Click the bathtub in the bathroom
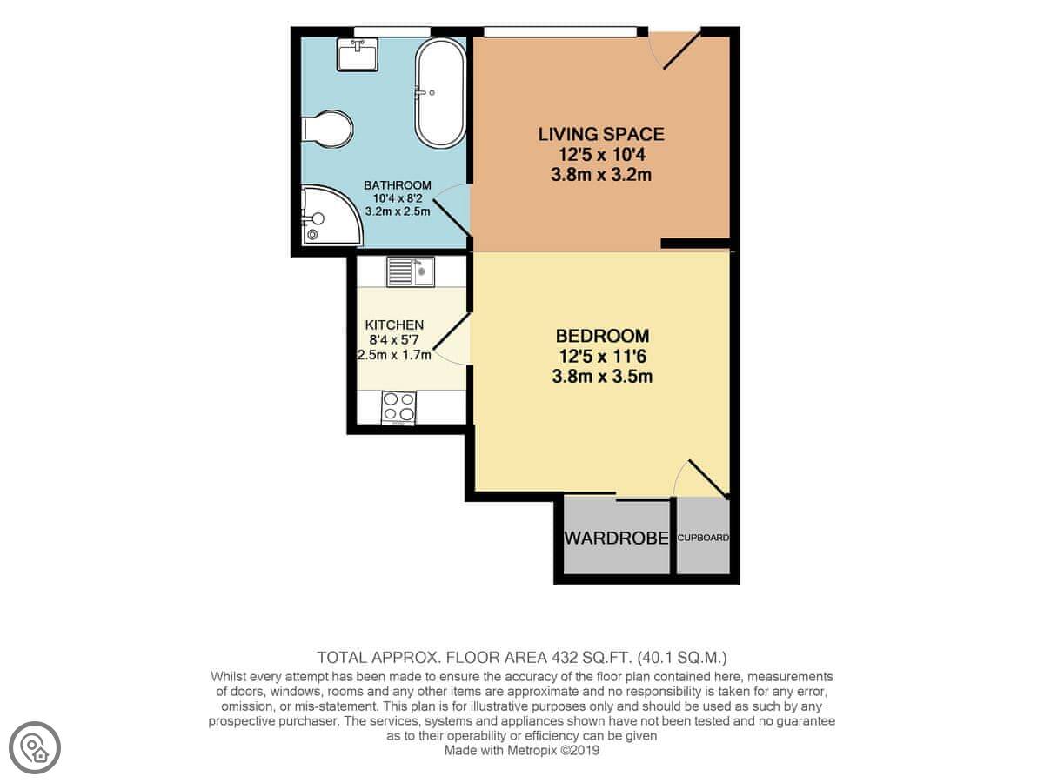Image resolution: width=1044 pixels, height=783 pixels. pos(440,93)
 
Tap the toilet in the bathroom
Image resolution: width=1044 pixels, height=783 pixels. pos(327,130)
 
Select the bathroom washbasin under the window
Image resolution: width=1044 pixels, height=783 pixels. pos(358,55)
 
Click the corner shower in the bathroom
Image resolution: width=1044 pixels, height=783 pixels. pos(331,216)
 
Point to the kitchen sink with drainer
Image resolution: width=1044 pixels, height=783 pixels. pos(411,271)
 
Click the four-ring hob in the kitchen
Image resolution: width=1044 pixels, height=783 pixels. pos(398,407)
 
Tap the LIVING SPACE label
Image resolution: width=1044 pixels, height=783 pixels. pos(601,134)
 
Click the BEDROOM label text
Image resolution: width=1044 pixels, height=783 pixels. pos(602,336)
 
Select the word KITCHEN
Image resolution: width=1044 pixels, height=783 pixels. pos(394,325)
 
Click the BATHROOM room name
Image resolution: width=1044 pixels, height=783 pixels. pos(397,185)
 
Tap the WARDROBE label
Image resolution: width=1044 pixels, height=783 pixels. pos(617,538)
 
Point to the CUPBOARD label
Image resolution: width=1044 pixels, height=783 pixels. pos(703,538)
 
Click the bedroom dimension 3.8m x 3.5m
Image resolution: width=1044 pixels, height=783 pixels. pos(602,377)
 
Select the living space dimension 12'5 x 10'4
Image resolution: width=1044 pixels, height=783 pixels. pos(601,155)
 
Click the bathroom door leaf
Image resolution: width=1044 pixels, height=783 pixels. pos(452,217)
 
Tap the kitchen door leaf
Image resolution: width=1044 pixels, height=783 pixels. pos(452,331)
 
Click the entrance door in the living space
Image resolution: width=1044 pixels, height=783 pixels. pos(682,50)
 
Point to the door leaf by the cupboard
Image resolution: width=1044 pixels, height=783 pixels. pos(707,479)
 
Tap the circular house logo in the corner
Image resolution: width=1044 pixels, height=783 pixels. pos(35,748)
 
